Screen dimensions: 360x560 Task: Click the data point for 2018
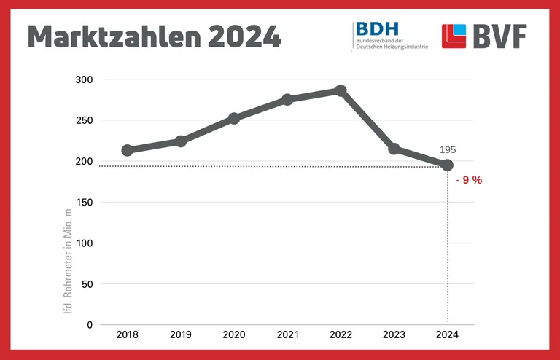pyautogui.click(x=127, y=150)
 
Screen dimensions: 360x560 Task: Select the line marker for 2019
pyautogui.click(x=181, y=141)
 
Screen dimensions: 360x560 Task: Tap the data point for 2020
pyautogui.click(x=234, y=118)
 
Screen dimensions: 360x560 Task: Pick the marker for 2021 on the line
pyautogui.click(x=287, y=99)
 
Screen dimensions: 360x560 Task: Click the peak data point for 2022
pyautogui.click(x=341, y=90)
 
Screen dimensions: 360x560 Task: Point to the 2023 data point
pyautogui.click(x=394, y=149)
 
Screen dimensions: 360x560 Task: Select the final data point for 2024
pyautogui.click(x=448, y=165)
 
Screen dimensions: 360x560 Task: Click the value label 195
pyautogui.click(x=448, y=149)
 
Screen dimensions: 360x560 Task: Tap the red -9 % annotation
pyautogui.click(x=468, y=180)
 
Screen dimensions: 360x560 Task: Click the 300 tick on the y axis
pyautogui.click(x=85, y=79)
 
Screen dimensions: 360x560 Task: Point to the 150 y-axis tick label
pyautogui.click(x=85, y=202)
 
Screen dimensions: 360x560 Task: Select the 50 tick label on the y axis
pyautogui.click(x=87, y=284)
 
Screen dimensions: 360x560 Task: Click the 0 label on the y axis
pyautogui.click(x=90, y=325)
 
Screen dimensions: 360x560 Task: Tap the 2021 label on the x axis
pyautogui.click(x=287, y=334)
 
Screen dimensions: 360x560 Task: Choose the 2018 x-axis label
pyautogui.click(x=127, y=334)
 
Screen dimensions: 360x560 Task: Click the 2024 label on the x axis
pyautogui.click(x=448, y=334)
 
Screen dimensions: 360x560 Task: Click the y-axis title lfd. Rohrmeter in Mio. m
pyautogui.click(x=69, y=261)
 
